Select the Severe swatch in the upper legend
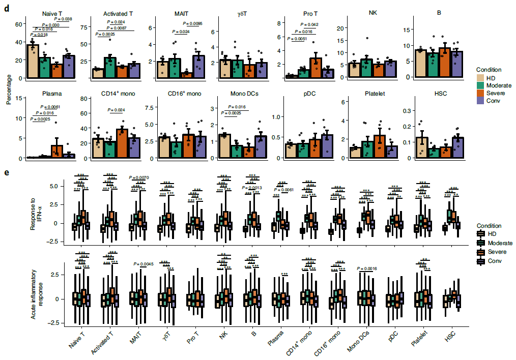[x=480, y=94]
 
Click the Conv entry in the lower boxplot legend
[x=480, y=261]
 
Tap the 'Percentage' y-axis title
[x=8, y=89]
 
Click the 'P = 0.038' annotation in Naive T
[x=63, y=19]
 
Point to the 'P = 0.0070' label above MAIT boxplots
[x=139, y=177]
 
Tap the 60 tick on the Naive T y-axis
[x=17, y=23]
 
